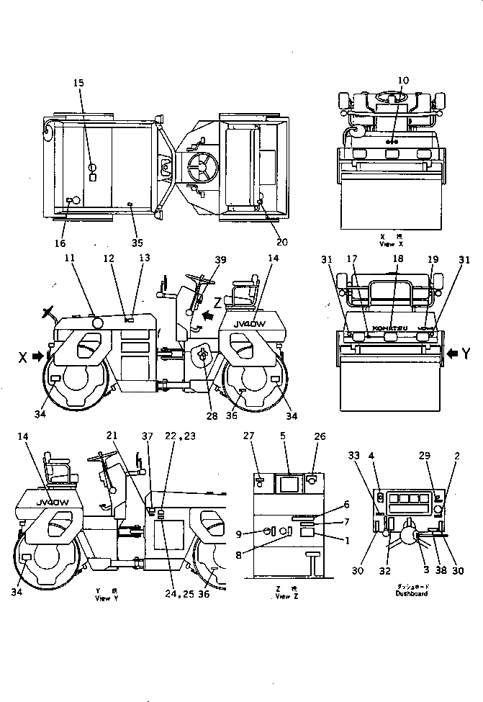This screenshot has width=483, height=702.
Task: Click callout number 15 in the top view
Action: pos(78,83)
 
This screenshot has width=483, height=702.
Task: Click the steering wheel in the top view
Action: pos(202,167)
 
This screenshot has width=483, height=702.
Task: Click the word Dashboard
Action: pos(411,593)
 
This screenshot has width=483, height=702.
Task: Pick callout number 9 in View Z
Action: pos(259,534)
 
